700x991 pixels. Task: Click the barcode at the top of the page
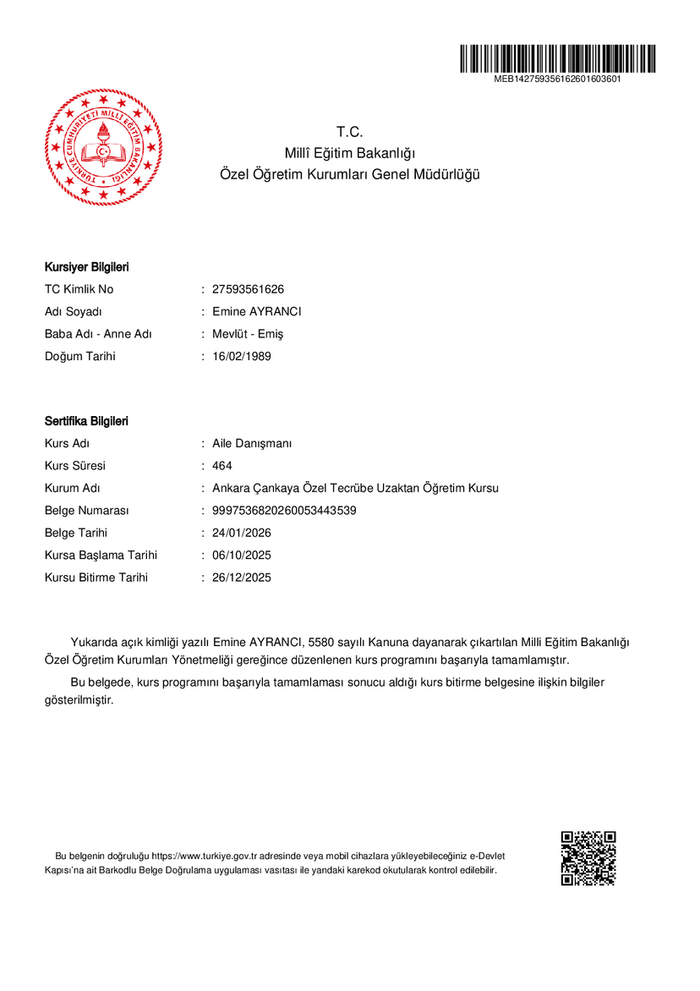pyautogui.click(x=558, y=58)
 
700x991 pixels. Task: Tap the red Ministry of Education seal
pyautogui.click(x=103, y=147)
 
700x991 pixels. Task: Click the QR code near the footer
pyautogui.click(x=588, y=858)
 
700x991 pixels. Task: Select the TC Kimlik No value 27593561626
pyautogui.click(x=248, y=289)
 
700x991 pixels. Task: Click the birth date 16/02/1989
pyautogui.click(x=242, y=356)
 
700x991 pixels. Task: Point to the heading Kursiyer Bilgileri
pyautogui.click(x=86, y=267)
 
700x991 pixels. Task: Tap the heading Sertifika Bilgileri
pyautogui.click(x=86, y=421)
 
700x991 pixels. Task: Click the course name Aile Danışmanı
pyautogui.click(x=252, y=444)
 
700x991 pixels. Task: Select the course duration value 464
pyautogui.click(x=222, y=466)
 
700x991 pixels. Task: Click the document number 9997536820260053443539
pyautogui.click(x=284, y=511)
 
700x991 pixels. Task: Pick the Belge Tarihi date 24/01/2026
pyautogui.click(x=242, y=533)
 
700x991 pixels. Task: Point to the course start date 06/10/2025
pyautogui.click(x=242, y=556)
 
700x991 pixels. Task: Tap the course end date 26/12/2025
pyautogui.click(x=242, y=578)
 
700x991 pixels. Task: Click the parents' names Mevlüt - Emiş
pyautogui.click(x=248, y=334)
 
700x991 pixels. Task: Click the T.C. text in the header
pyautogui.click(x=349, y=132)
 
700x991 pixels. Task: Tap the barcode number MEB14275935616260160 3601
pyautogui.click(x=558, y=79)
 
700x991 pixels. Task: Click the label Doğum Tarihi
pyautogui.click(x=80, y=356)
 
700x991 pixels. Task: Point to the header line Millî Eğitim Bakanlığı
pyautogui.click(x=350, y=153)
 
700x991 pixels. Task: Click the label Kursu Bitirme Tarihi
pyautogui.click(x=96, y=578)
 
